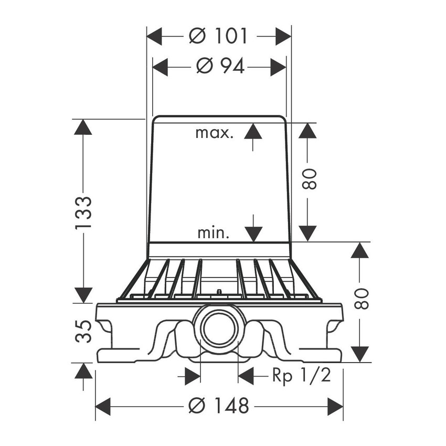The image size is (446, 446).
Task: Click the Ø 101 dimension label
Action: (218, 36)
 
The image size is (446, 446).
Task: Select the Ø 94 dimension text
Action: (220, 67)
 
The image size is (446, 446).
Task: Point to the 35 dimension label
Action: (83, 331)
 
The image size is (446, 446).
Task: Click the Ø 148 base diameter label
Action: (219, 406)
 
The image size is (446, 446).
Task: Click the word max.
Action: (215, 133)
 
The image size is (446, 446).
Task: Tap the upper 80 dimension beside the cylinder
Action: (309, 179)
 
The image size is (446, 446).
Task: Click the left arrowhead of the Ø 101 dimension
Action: (154, 36)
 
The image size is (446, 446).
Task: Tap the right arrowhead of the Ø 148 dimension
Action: (335, 406)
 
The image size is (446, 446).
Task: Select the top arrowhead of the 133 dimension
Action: (83, 127)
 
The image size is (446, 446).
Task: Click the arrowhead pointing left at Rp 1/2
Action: (246, 376)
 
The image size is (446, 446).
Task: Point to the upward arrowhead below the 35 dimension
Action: (83, 371)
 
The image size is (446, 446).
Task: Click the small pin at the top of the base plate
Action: (219, 292)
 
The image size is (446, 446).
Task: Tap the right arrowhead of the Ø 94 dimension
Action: (278, 67)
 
